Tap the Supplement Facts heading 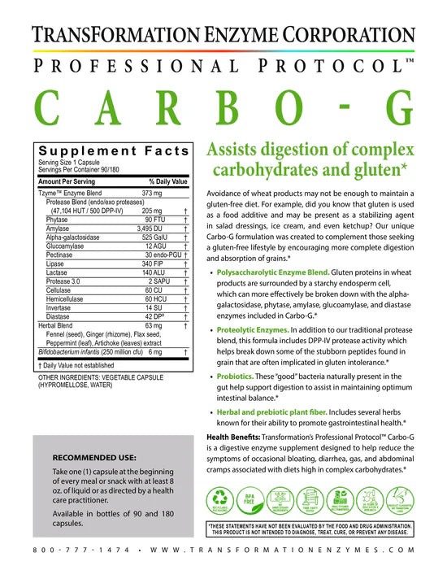114,151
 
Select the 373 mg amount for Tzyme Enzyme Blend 153,193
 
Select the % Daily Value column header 168,181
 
